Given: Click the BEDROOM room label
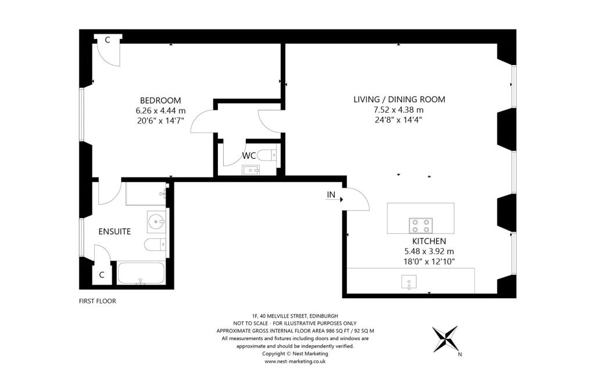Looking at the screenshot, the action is [x=160, y=101].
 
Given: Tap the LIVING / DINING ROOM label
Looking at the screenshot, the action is [x=399, y=99].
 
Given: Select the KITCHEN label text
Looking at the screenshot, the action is [x=429, y=241].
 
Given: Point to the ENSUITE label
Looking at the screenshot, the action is [x=114, y=231].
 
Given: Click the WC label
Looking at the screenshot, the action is [x=249, y=156].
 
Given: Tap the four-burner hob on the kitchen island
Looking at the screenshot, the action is [x=421, y=226].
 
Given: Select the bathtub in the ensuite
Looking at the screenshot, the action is [x=141, y=273].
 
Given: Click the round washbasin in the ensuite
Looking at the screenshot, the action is [x=156, y=221].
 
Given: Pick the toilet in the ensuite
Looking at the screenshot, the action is [x=155, y=245].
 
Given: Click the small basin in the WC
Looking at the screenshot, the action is [x=251, y=170].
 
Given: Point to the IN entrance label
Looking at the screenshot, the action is [x=331, y=195].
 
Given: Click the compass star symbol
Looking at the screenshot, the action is [x=446, y=339].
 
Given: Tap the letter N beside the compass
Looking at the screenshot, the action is [x=460, y=355].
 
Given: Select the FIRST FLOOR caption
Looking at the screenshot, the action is [x=98, y=301].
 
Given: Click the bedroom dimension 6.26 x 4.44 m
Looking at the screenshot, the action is [x=160, y=111].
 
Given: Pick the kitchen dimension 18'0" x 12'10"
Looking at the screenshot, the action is [x=429, y=262].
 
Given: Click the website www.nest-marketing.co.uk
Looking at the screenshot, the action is [x=295, y=362].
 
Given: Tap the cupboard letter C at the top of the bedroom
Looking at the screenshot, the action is [x=107, y=40].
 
